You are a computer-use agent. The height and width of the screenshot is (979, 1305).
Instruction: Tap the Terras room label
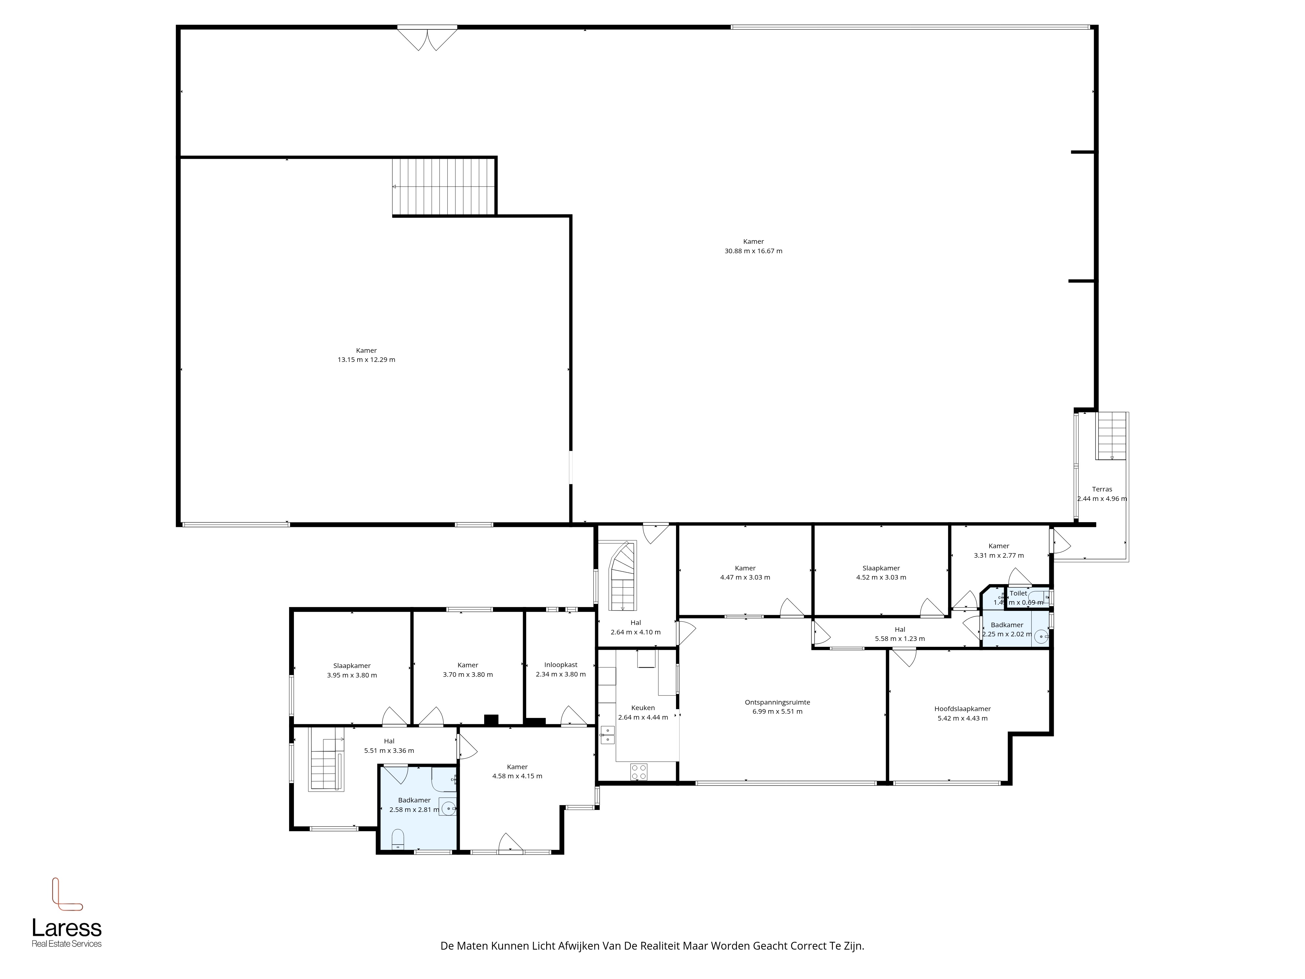(x=1102, y=489)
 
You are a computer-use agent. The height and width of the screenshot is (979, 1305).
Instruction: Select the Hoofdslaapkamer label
(x=962, y=709)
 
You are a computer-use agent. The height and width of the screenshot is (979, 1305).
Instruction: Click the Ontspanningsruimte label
(x=777, y=702)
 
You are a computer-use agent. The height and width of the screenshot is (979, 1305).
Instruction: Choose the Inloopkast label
(x=560, y=664)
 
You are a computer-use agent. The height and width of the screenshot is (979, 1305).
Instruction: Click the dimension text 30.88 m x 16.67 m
(x=753, y=251)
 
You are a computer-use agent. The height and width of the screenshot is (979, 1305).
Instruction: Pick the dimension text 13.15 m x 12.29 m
(x=366, y=359)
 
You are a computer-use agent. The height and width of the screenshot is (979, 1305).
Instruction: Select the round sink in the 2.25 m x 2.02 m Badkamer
(x=1042, y=636)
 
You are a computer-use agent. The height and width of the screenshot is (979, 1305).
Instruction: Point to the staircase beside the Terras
(x=1112, y=436)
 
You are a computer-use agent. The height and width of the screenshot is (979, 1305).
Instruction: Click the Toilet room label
(x=1018, y=593)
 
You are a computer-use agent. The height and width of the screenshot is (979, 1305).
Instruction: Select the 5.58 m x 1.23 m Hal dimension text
(x=900, y=639)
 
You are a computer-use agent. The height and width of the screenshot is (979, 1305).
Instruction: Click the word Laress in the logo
(x=67, y=928)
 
